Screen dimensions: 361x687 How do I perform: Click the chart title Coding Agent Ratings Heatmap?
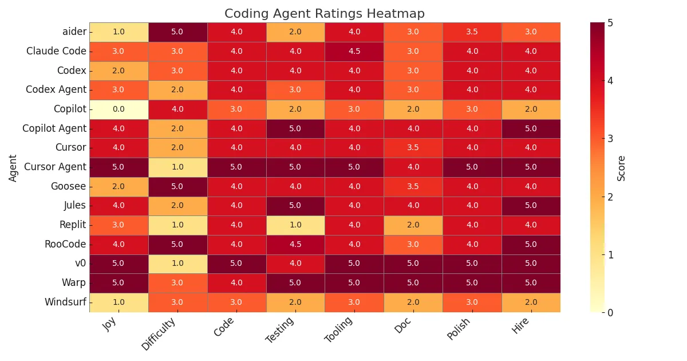point(324,14)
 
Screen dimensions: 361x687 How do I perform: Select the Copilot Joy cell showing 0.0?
point(119,109)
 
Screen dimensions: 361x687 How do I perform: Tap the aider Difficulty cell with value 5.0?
point(177,32)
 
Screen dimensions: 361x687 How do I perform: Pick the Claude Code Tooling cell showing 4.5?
point(354,52)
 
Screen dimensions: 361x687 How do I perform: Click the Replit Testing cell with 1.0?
point(295,225)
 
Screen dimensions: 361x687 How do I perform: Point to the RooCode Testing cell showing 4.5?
point(295,245)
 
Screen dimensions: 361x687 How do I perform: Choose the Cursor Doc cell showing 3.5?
point(413,148)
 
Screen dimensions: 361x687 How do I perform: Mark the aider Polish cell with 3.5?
point(472,32)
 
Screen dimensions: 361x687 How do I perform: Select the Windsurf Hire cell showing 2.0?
point(531,303)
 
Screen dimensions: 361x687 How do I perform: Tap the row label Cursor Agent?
point(55,167)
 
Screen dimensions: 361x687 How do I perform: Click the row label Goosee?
point(68,187)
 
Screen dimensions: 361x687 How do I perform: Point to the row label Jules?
point(74,206)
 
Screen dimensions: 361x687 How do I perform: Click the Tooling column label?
point(339,331)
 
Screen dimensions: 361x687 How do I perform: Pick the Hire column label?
point(521,327)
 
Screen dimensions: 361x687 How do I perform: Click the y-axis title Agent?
point(13,167)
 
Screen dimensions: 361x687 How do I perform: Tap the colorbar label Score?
point(622,167)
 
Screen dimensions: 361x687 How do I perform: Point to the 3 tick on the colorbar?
point(611,139)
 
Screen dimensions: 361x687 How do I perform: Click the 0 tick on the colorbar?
point(611,312)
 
